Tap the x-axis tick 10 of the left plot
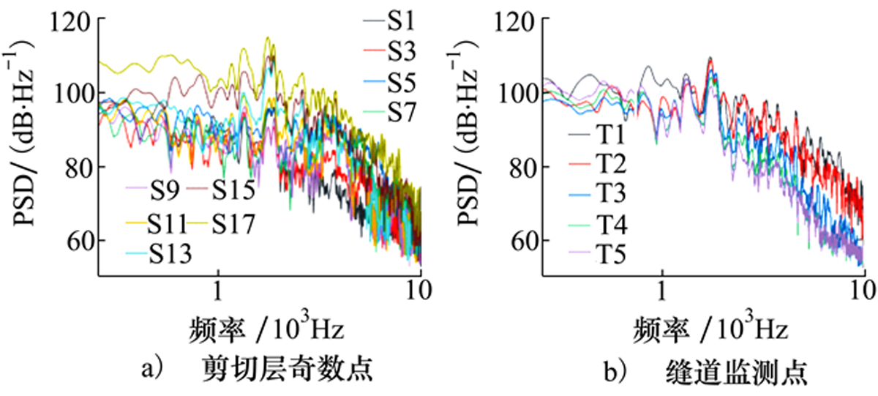click(420, 291)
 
